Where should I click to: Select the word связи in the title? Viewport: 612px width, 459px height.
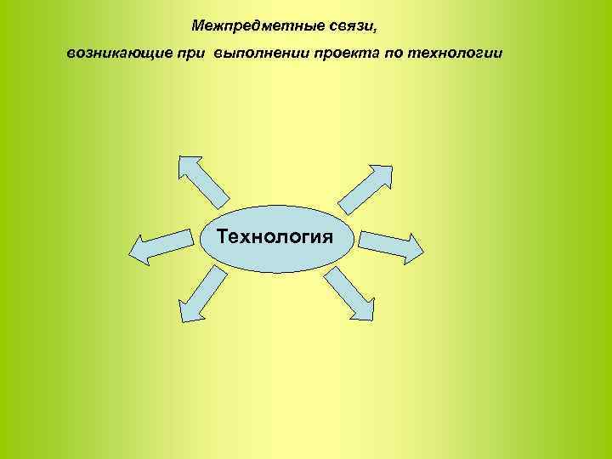point(347,26)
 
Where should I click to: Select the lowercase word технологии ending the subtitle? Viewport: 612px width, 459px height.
point(456,54)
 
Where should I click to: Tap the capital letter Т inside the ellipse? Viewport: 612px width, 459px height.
point(223,235)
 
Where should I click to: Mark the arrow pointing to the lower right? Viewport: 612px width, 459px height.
point(348,293)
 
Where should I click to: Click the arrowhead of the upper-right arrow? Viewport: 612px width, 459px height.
point(382,169)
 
